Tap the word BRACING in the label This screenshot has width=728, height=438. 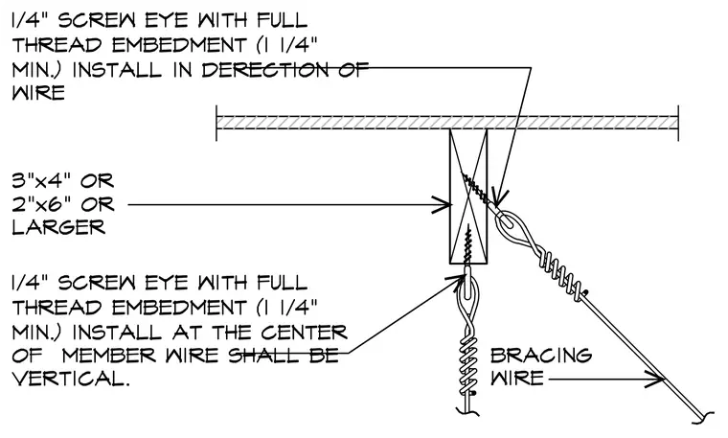pyautogui.click(x=541, y=356)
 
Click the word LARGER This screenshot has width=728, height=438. pyautogui.click(x=58, y=227)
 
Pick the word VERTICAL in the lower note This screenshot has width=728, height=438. pyautogui.click(x=70, y=379)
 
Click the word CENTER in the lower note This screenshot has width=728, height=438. pyautogui.click(x=304, y=332)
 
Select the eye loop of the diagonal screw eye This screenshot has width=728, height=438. pyautogui.click(x=510, y=224)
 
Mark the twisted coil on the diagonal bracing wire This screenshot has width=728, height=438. pyautogui.click(x=559, y=274)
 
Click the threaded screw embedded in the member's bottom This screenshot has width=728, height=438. pyautogui.click(x=468, y=246)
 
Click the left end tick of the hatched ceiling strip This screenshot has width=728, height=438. pyautogui.click(x=216, y=123)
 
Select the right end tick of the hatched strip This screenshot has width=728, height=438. pyautogui.click(x=678, y=123)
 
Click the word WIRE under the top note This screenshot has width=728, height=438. pyautogui.click(x=38, y=93)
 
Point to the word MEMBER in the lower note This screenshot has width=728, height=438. pyautogui.click(x=108, y=356)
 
